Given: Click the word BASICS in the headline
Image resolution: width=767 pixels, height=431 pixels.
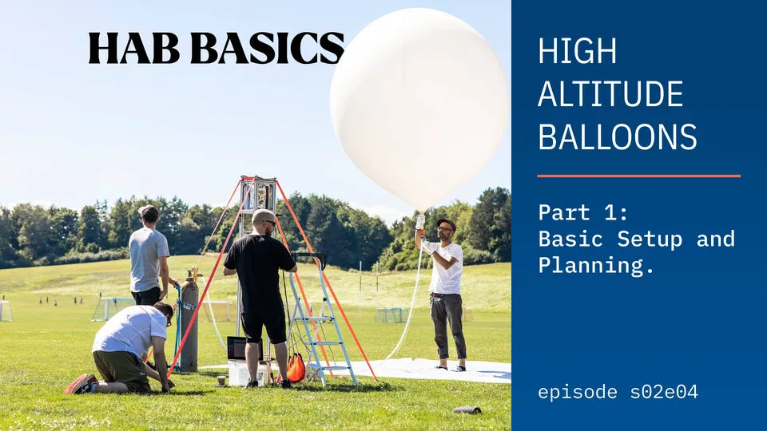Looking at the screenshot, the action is coord(268,48).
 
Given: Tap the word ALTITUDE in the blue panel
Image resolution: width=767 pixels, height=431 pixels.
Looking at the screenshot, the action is coord(610,94).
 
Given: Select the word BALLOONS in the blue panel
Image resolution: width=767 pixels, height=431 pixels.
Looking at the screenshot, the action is coord(618,136).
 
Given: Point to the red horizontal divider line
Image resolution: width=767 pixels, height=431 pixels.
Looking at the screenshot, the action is coord(639,176).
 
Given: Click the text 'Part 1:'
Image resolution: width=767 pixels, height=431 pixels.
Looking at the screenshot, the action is coord(583,212).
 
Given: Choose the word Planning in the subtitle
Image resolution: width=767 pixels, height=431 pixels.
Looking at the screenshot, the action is coord(591,266).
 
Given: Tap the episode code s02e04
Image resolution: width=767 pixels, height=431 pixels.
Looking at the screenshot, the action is coord(664,392).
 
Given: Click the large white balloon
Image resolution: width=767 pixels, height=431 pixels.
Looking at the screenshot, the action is coord(419,109).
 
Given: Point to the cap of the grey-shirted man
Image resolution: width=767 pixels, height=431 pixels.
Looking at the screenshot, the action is coord(149,211).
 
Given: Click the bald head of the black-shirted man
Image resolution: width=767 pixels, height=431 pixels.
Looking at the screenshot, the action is coord(263,218).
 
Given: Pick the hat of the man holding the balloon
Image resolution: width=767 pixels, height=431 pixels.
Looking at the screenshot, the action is coord(446,223).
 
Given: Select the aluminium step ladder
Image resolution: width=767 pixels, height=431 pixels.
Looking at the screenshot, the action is coord(319,318).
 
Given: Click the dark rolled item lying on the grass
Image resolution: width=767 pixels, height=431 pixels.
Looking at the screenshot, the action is coord(467,410).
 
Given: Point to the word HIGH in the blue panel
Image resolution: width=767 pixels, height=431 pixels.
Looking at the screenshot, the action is coord(577,51).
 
